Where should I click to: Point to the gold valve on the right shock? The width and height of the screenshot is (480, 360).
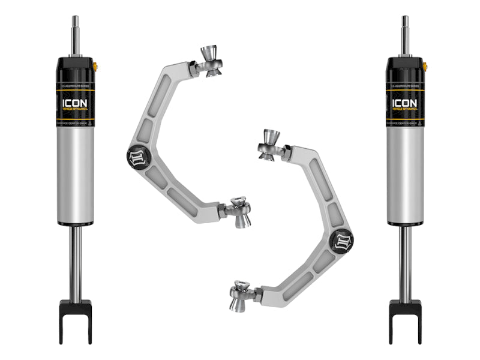tap(425, 65)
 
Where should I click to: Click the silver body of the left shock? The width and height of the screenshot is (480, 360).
tap(76, 174)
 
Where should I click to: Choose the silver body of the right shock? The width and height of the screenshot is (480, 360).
tap(405, 174)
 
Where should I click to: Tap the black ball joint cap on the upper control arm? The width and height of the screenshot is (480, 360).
tap(136, 155)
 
